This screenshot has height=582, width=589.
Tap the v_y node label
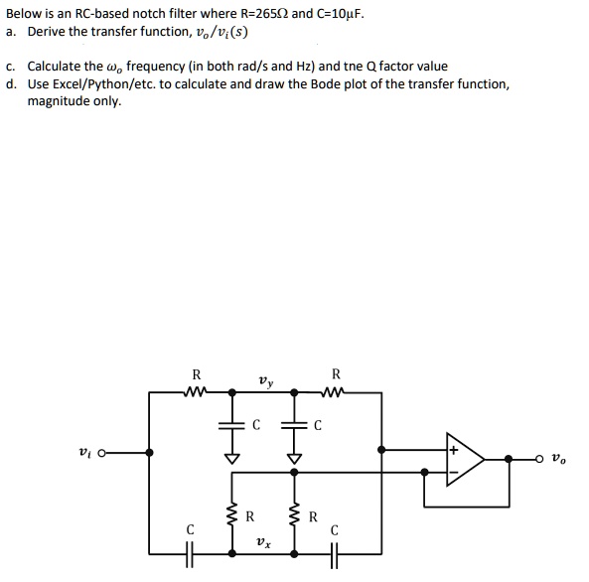pyautogui.click(x=263, y=379)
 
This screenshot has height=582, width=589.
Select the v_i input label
pyautogui.click(x=84, y=452)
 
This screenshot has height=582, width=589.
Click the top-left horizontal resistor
pyautogui.click(x=196, y=392)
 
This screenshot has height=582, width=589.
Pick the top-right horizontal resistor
pyautogui.click(x=335, y=392)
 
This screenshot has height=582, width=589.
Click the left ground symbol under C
pyautogui.click(x=232, y=458)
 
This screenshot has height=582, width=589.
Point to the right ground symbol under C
pyautogui.click(x=294, y=458)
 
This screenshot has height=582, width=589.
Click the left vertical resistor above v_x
pyautogui.click(x=232, y=515)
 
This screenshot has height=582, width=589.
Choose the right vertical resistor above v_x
pyautogui.click(x=294, y=515)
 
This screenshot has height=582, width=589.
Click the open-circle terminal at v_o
pyautogui.click(x=541, y=459)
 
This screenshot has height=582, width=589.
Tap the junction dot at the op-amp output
pyautogui.click(x=509, y=459)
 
